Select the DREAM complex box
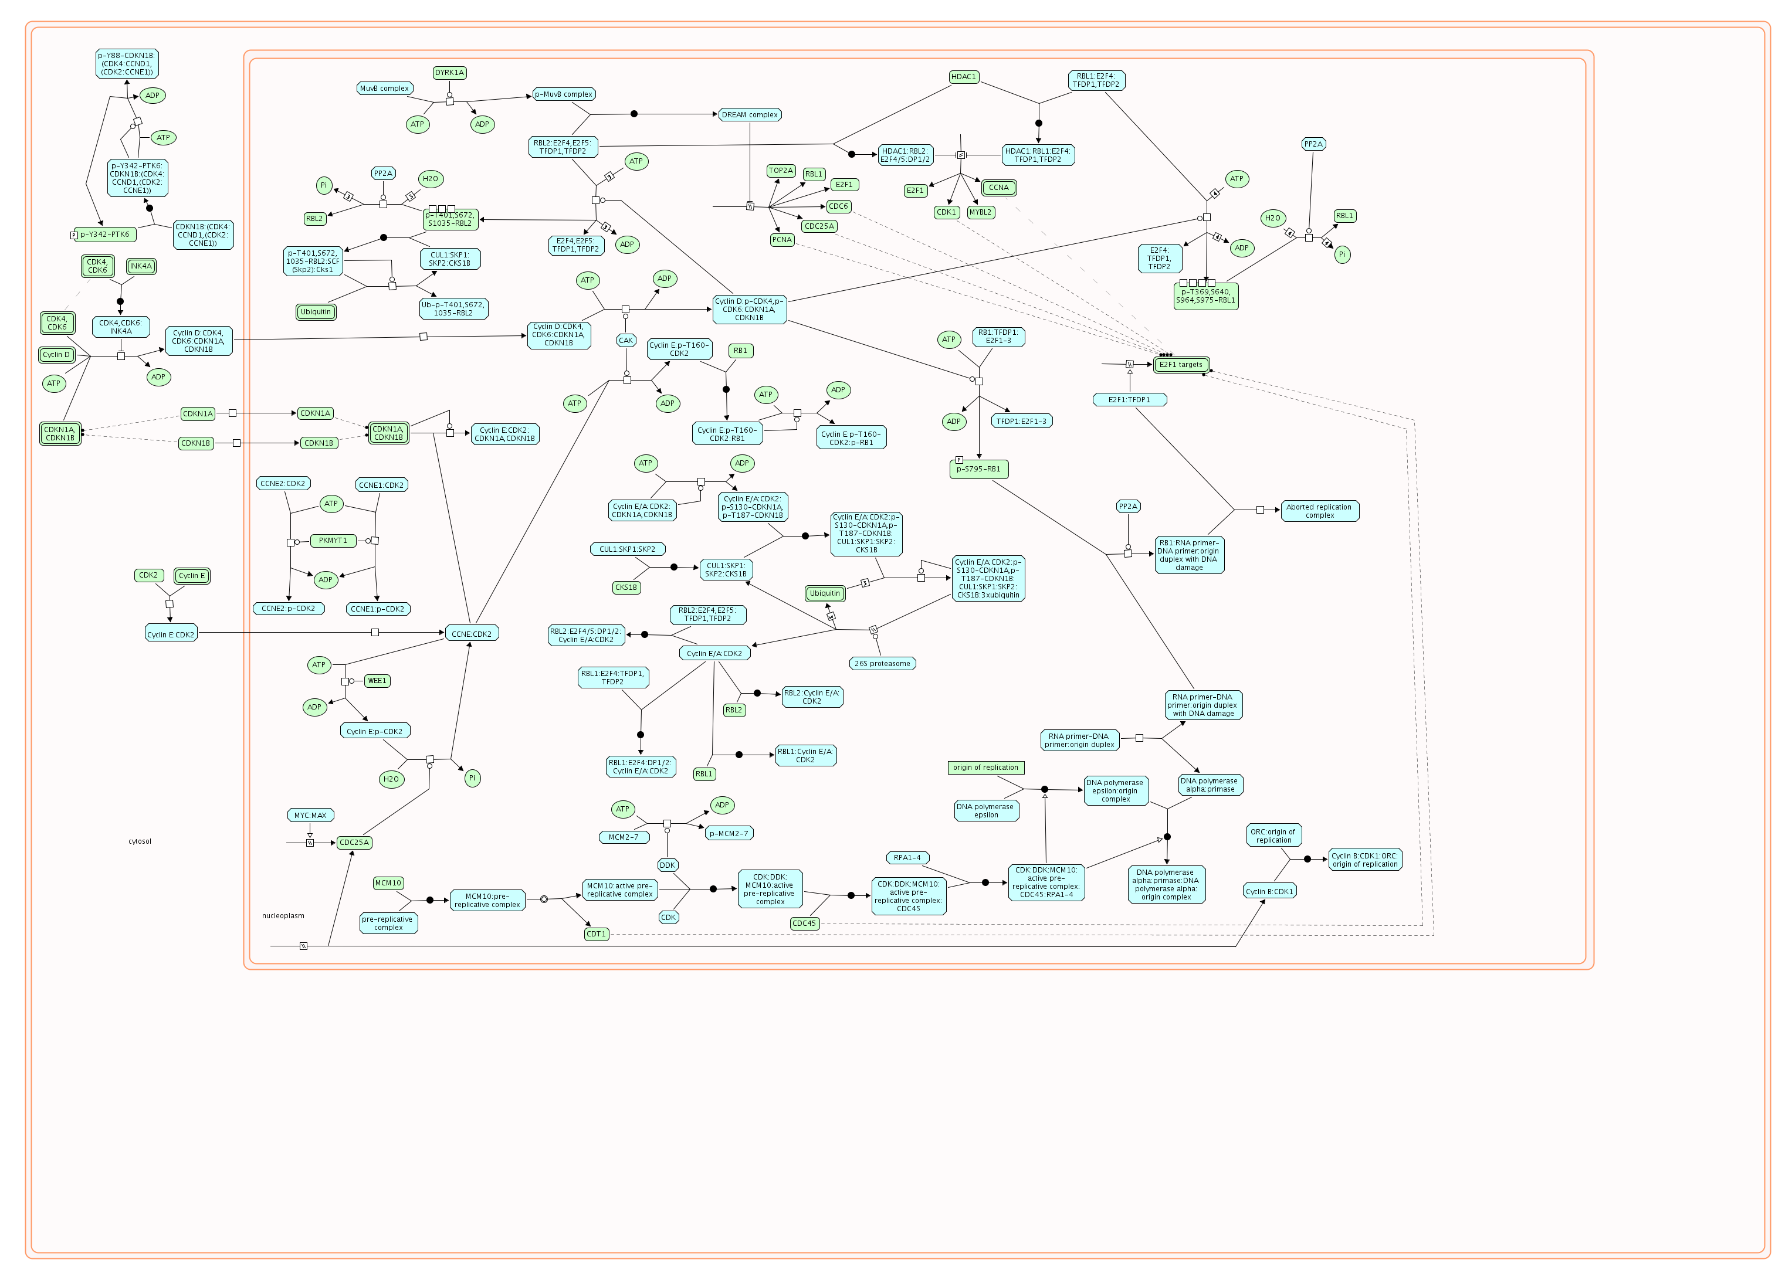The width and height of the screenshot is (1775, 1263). (x=749, y=115)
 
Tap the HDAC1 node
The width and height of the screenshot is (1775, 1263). (x=963, y=77)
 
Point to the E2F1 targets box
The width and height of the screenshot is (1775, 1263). (x=1180, y=365)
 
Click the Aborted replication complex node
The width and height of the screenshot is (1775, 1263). (x=1319, y=511)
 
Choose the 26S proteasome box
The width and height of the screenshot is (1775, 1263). (x=882, y=663)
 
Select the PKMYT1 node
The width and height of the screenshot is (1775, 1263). (x=333, y=541)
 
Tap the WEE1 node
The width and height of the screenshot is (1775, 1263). (x=377, y=681)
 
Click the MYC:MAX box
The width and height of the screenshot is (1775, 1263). (x=310, y=815)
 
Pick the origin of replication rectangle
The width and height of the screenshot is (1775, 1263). (x=985, y=768)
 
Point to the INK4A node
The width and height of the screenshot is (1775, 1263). (x=141, y=266)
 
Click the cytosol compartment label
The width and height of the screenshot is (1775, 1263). (x=140, y=841)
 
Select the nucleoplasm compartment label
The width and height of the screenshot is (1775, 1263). (x=283, y=916)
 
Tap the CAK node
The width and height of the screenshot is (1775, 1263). (x=625, y=341)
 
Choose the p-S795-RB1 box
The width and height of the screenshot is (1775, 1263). (x=978, y=469)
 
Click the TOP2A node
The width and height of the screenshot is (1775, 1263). (x=780, y=170)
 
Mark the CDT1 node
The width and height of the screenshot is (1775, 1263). (x=596, y=934)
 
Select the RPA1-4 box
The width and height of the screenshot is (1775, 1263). (x=907, y=858)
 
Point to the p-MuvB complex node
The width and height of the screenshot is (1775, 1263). (x=564, y=94)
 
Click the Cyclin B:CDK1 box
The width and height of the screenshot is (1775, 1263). (x=1269, y=891)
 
